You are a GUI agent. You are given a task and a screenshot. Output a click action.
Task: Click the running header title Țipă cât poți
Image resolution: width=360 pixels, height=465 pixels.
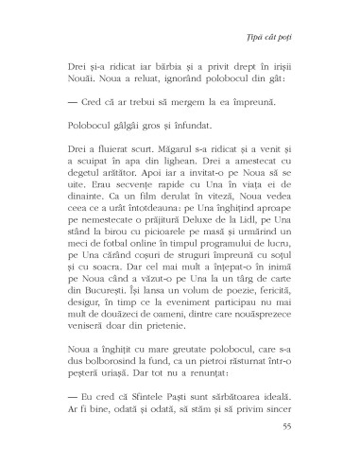coord(294,25)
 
